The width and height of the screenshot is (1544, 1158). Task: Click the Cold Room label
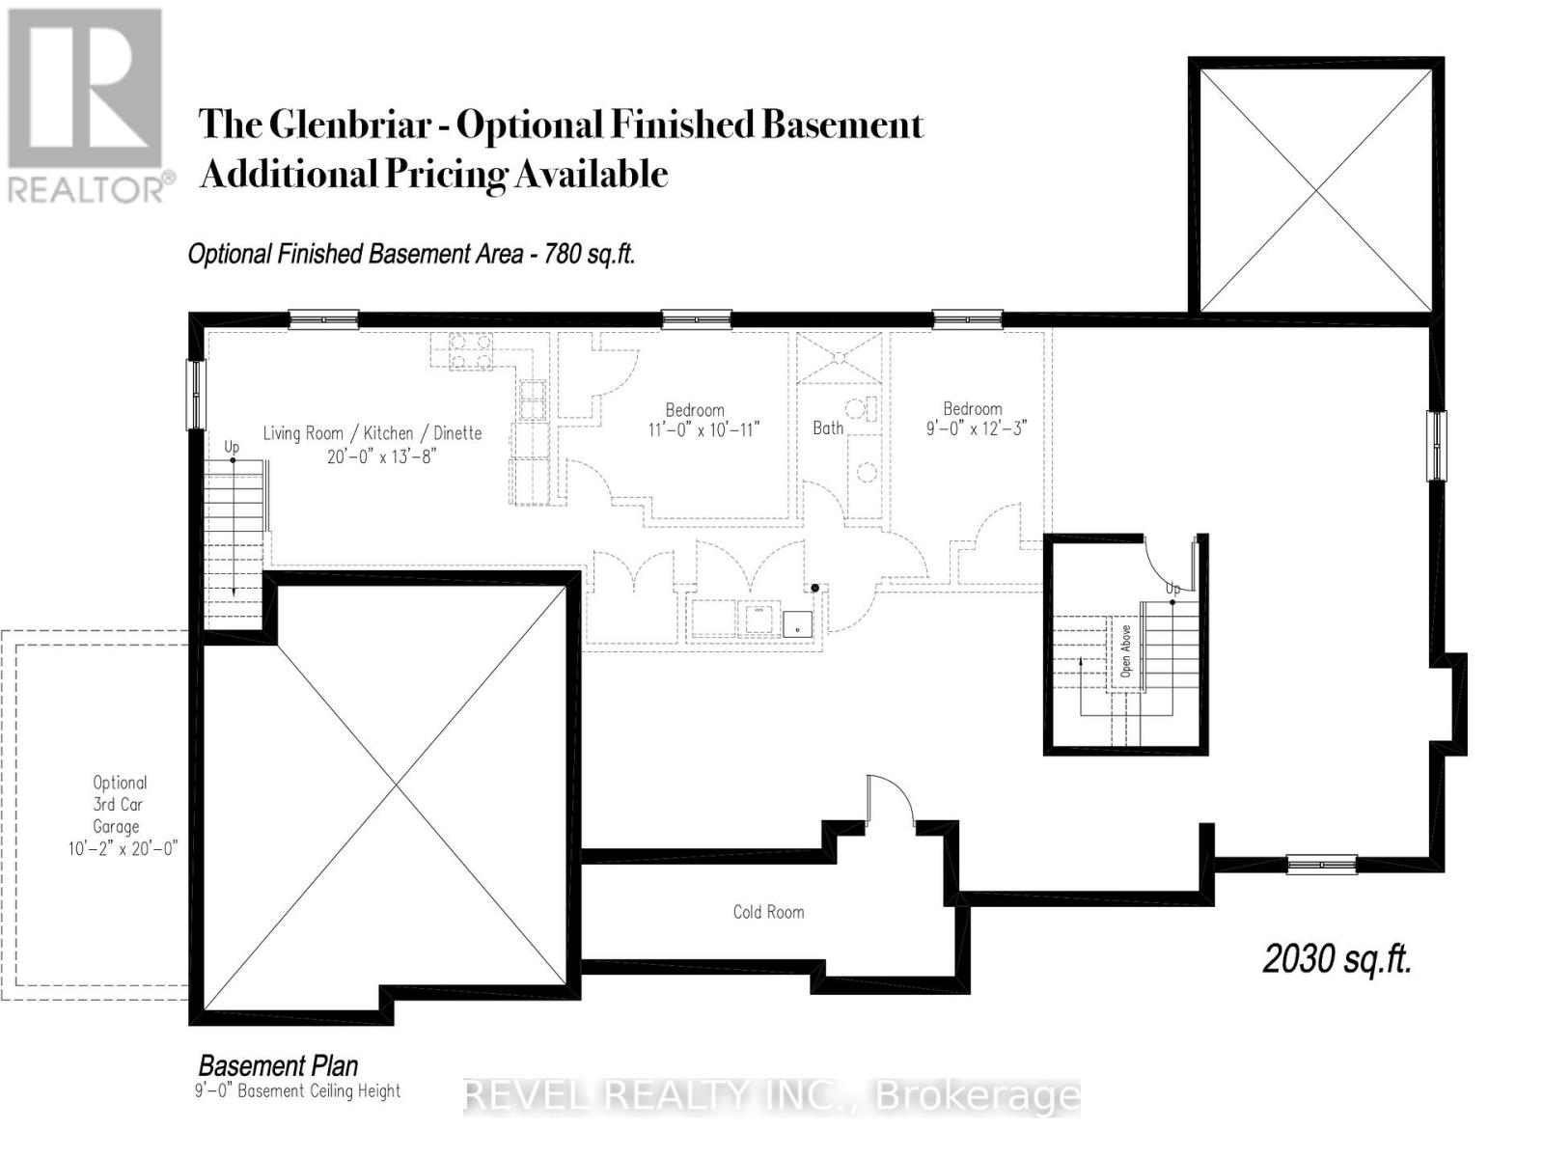click(x=768, y=912)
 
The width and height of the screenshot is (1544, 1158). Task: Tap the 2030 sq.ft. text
click(x=1337, y=959)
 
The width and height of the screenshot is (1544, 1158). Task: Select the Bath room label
click(x=828, y=427)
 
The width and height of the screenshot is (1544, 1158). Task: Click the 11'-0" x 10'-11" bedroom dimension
click(x=703, y=429)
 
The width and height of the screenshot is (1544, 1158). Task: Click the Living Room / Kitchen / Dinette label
click(x=372, y=434)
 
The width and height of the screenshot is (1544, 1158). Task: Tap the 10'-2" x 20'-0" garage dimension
click(x=117, y=849)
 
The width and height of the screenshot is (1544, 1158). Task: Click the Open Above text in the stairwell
click(x=1125, y=650)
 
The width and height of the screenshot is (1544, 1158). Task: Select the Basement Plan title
click(x=278, y=1065)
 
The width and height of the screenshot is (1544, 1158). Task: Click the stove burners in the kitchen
click(x=469, y=350)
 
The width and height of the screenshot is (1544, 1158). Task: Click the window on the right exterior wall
click(x=1437, y=445)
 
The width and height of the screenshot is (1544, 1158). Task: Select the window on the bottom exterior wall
click(x=1321, y=865)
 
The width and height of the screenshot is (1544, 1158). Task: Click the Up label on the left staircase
click(x=232, y=448)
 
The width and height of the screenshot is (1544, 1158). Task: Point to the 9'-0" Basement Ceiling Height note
click(x=297, y=1091)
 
